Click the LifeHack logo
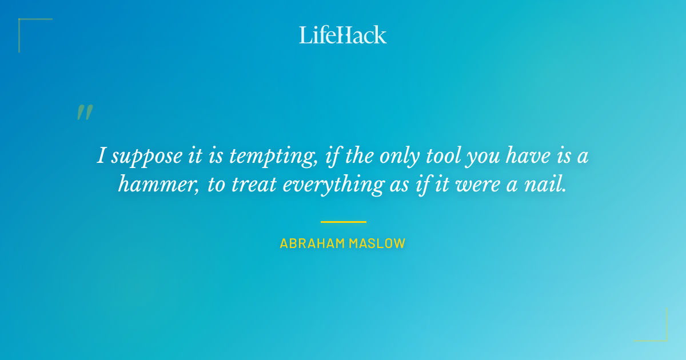pyautogui.click(x=342, y=35)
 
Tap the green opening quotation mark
pyautogui.click(x=84, y=112)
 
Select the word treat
pyautogui.click(x=252, y=185)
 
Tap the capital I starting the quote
pyautogui.click(x=101, y=155)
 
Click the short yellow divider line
pyautogui.click(x=343, y=222)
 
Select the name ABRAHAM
pyautogui.click(x=312, y=243)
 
